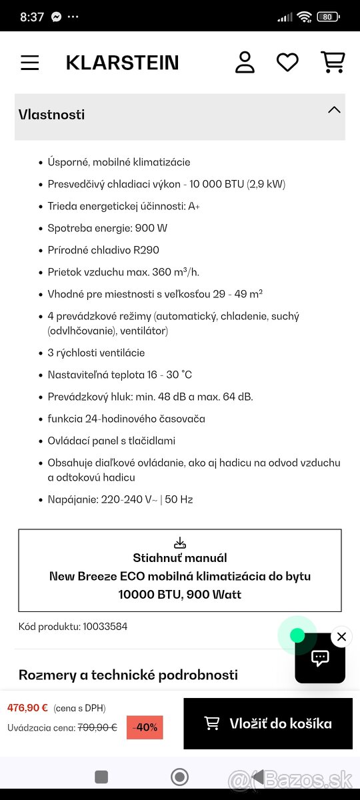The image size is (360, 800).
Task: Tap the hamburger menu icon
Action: click(x=30, y=63)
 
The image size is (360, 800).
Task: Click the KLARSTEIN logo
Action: click(x=122, y=63)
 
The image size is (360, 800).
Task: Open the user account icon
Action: click(x=245, y=62)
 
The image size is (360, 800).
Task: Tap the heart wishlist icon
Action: click(x=287, y=63)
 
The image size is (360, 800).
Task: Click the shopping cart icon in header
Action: click(x=332, y=62)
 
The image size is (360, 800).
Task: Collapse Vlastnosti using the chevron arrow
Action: click(x=334, y=110)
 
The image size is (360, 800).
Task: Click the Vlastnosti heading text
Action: click(x=51, y=115)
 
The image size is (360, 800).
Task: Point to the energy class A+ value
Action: click(x=194, y=206)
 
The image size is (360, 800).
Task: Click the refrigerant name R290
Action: click(x=145, y=250)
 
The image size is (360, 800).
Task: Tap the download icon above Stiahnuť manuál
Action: click(x=179, y=543)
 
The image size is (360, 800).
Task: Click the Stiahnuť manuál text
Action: click(x=179, y=558)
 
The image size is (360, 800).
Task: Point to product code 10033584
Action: click(x=104, y=627)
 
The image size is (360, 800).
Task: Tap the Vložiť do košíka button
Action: click(x=267, y=723)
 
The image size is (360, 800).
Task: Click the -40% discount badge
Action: click(x=145, y=727)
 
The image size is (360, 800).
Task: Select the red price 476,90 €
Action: click(x=27, y=708)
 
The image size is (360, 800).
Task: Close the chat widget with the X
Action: click(x=341, y=637)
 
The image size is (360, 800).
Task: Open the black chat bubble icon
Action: click(x=320, y=659)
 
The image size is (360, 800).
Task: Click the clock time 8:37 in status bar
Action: click(x=32, y=17)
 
